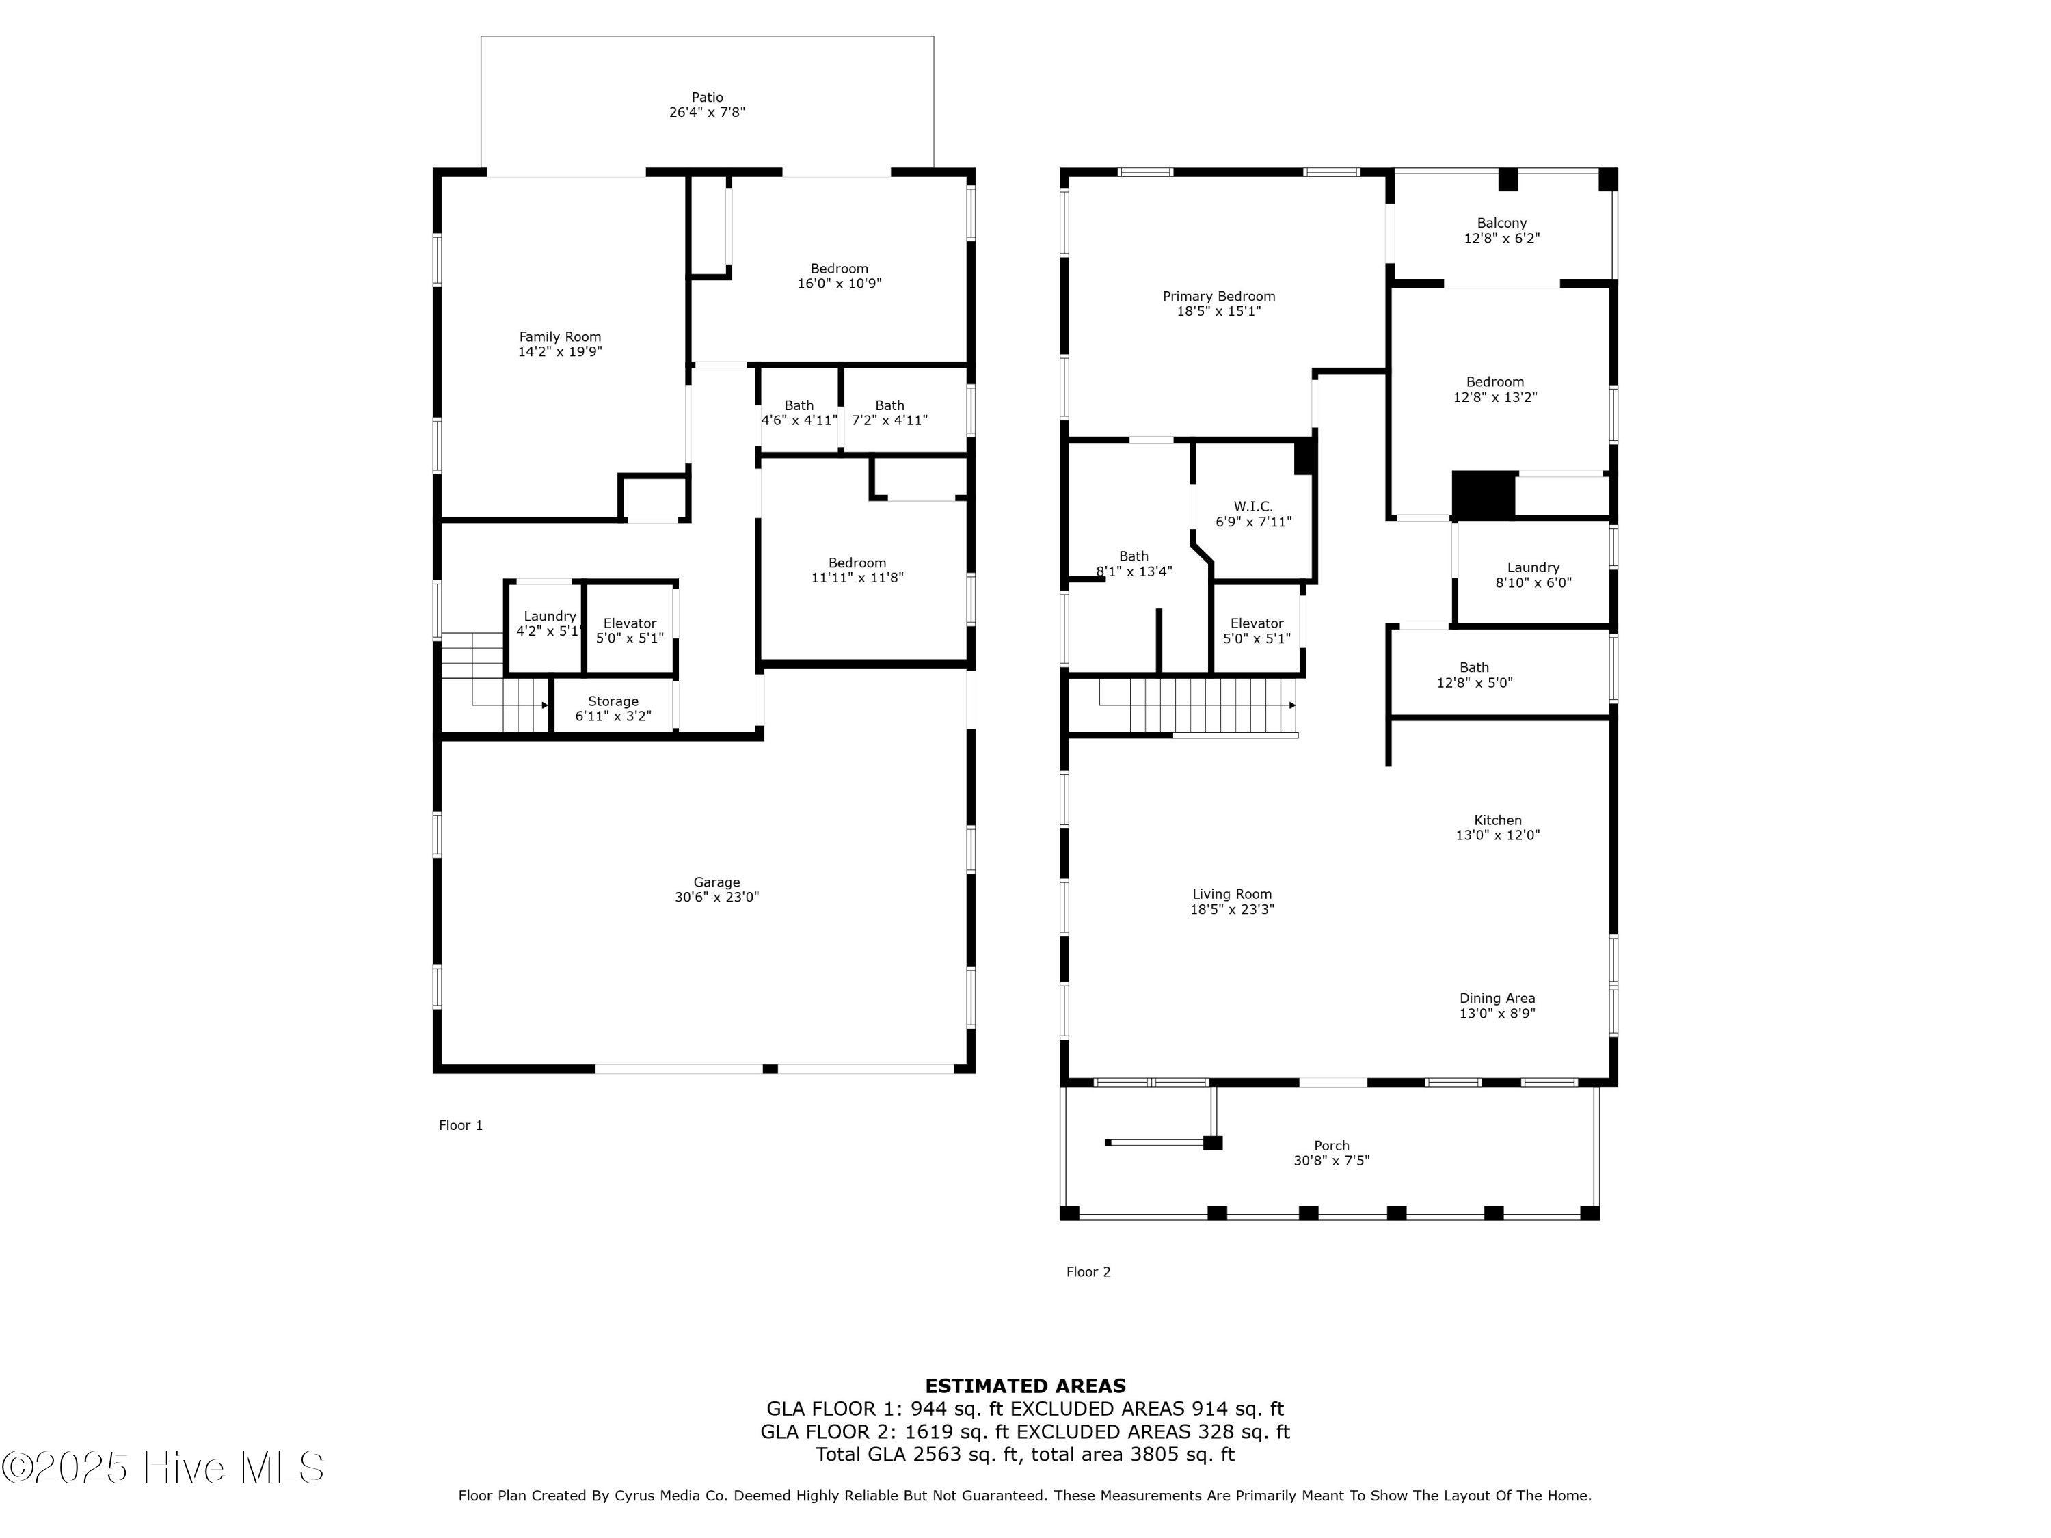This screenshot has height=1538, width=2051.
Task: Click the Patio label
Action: (x=706, y=97)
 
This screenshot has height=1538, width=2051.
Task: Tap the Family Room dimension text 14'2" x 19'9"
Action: (x=560, y=352)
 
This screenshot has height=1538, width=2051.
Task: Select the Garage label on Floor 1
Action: (x=716, y=882)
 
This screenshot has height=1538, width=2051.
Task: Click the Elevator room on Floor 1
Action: (x=630, y=630)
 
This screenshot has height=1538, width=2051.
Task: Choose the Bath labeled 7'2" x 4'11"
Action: (x=889, y=413)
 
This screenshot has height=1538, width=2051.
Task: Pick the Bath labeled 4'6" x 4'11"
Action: (x=799, y=413)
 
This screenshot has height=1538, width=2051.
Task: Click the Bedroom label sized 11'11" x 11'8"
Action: (x=857, y=563)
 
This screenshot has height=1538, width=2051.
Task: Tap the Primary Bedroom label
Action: (x=1218, y=297)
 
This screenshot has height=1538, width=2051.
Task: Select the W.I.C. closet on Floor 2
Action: (x=1252, y=513)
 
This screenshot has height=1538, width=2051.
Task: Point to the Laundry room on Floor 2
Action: (x=1533, y=575)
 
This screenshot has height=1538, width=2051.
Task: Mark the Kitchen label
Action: (x=1497, y=820)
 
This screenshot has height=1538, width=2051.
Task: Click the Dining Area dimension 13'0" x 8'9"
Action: (x=1497, y=1013)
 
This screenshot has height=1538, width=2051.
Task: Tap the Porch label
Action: (x=1332, y=1146)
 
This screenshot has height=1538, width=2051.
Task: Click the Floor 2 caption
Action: (x=1088, y=1272)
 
